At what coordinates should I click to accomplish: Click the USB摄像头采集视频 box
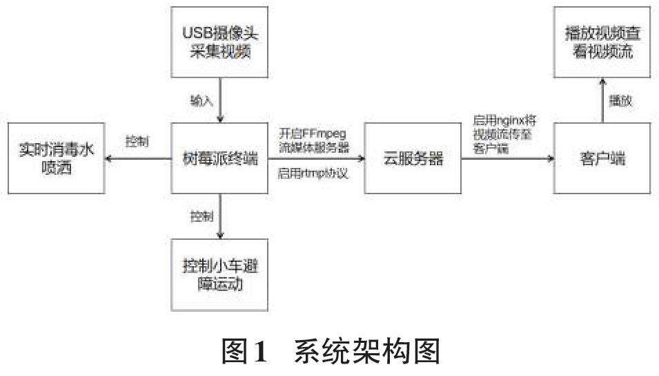click(219, 42)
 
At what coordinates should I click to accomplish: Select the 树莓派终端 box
click(219, 160)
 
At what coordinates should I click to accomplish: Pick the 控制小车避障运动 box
click(219, 274)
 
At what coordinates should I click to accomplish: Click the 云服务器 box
click(413, 160)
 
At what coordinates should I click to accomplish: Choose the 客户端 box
click(602, 160)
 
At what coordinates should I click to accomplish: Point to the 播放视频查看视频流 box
click(602, 42)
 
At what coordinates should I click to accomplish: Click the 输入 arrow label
click(202, 101)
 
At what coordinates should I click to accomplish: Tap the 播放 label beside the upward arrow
click(620, 101)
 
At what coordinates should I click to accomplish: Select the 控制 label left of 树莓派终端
click(136, 142)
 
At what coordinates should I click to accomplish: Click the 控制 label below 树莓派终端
click(202, 216)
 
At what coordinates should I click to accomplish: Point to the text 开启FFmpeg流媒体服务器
click(313, 140)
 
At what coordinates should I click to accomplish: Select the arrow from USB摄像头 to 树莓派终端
click(219, 101)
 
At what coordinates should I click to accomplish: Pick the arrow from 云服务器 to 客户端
click(508, 160)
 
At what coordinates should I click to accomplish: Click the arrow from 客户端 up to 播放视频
click(602, 101)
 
